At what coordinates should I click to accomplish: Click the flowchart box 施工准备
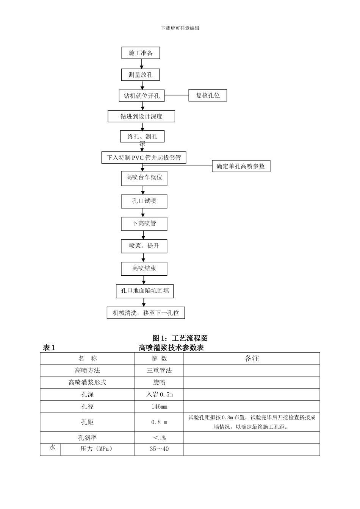(x=141, y=53)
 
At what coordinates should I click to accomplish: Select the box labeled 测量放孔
(x=141, y=75)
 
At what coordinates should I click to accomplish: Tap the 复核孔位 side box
(x=208, y=95)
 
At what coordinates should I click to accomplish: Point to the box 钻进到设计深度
(x=141, y=116)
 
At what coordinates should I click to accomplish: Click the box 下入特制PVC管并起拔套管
(x=144, y=158)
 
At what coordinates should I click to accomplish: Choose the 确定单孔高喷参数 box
(x=241, y=166)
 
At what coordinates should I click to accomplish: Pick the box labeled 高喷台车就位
(x=144, y=178)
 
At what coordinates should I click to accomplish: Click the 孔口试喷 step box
(x=144, y=201)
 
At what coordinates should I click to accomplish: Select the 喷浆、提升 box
(x=144, y=246)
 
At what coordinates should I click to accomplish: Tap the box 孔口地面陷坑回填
(x=145, y=291)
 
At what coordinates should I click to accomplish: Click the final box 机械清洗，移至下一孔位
(x=146, y=313)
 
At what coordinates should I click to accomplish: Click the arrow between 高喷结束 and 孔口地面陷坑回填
(x=144, y=280)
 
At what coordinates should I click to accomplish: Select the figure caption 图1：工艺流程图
(x=180, y=338)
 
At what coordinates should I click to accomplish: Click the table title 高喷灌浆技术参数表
(x=171, y=348)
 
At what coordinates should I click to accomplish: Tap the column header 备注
(x=252, y=359)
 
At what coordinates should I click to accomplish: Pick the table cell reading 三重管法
(x=159, y=370)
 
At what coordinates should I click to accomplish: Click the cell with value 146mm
(x=159, y=406)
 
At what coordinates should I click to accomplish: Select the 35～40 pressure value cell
(x=159, y=449)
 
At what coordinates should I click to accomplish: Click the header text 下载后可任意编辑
(x=180, y=28)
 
